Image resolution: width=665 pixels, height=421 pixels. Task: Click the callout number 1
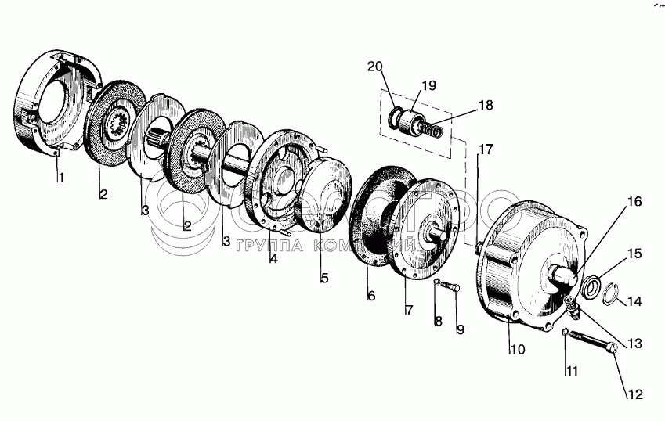60,177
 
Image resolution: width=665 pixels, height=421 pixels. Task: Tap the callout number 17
486,148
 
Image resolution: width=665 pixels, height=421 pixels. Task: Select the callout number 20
375,66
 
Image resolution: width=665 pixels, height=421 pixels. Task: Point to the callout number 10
517,349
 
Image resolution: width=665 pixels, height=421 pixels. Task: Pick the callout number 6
371,296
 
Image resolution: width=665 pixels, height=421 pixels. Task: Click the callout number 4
273,257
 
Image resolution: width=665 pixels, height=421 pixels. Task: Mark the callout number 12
635,394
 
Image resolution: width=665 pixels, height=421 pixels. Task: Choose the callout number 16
633,201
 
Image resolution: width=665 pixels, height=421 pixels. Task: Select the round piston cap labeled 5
324,193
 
